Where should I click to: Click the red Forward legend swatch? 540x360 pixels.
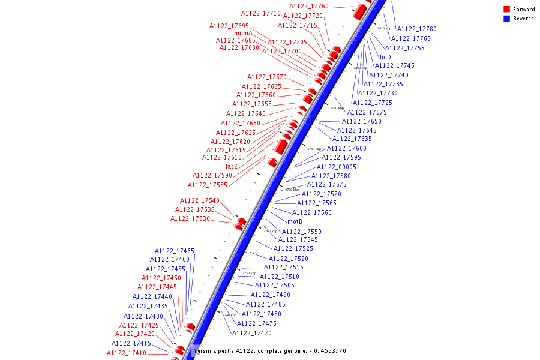coord(507,9)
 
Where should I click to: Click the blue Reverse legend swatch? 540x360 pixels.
coord(507,19)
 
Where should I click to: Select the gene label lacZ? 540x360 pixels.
coord(232,166)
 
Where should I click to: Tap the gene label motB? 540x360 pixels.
coord(295,221)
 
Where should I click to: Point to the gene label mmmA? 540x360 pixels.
coord(243,33)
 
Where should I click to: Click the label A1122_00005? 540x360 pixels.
coord(337,167)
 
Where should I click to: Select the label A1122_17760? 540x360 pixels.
coord(309,6)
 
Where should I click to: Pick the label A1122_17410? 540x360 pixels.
coord(127,353)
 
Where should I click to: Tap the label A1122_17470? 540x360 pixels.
coord(252,333)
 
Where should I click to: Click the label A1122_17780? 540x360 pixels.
coord(417,29)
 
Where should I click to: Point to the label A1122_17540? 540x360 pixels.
coord(200,200)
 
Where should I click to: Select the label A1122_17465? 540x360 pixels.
coord(175,251)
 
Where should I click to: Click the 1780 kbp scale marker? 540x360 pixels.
coord(314,149)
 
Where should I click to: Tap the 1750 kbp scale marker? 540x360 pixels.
coord(249,273)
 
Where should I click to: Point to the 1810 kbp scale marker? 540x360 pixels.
coord(384,28)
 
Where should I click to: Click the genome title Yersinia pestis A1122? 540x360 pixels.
coord(269,351)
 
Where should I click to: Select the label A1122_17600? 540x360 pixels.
coord(347,148)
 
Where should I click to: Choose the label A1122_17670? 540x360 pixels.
coord(267,77)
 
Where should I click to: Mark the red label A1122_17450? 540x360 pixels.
coord(161,278)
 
